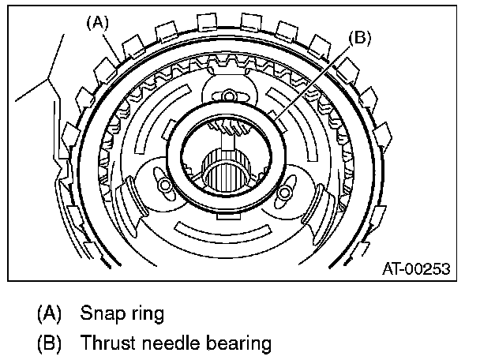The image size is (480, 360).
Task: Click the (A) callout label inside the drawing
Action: click(x=96, y=23)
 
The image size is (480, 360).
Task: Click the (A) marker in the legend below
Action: click(x=50, y=313)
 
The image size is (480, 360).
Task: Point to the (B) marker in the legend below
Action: click(x=50, y=343)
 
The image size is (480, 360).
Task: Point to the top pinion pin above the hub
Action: click(x=229, y=96)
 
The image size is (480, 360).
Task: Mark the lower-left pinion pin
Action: click(x=167, y=186)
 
